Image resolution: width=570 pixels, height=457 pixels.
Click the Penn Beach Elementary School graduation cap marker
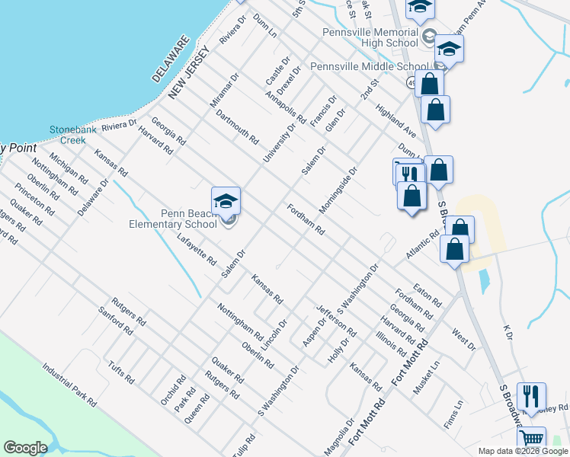(x=226, y=201)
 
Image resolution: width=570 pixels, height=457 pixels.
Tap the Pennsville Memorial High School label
(x=370, y=38)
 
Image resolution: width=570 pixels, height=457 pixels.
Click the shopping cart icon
(x=531, y=439)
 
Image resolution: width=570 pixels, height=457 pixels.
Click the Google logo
(x=25, y=447)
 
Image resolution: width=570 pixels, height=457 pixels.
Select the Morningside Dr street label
(x=338, y=191)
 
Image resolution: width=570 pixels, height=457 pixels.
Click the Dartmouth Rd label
(x=237, y=126)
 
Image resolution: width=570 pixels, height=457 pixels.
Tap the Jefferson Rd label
(x=336, y=321)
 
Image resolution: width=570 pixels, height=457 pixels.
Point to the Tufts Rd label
(x=121, y=372)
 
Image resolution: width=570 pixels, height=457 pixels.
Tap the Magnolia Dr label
(x=338, y=436)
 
